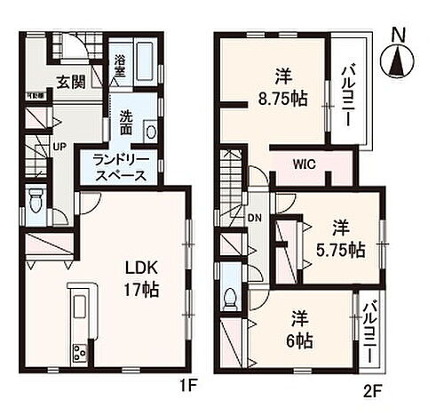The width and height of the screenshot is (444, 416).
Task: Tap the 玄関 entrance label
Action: [x=73, y=83]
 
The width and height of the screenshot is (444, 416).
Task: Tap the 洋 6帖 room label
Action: [x=298, y=329]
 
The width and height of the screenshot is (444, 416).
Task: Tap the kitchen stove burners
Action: [x=77, y=352]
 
